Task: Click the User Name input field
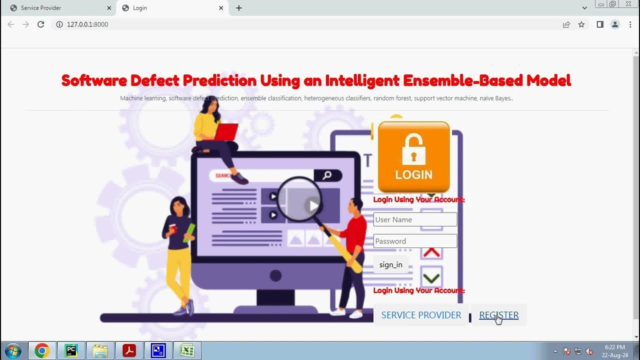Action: point(415,219)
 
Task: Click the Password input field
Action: point(415,241)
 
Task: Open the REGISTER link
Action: point(498,315)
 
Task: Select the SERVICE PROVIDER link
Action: point(421,315)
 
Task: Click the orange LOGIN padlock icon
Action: point(413,157)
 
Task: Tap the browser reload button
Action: point(41,24)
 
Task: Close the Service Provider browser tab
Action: point(109,8)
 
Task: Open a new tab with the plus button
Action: point(239,8)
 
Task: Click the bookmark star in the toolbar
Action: point(581,24)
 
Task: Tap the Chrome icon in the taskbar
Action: point(42,350)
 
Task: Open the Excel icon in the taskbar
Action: point(187,350)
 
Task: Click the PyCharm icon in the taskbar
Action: point(71,350)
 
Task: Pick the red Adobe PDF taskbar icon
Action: point(129,350)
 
